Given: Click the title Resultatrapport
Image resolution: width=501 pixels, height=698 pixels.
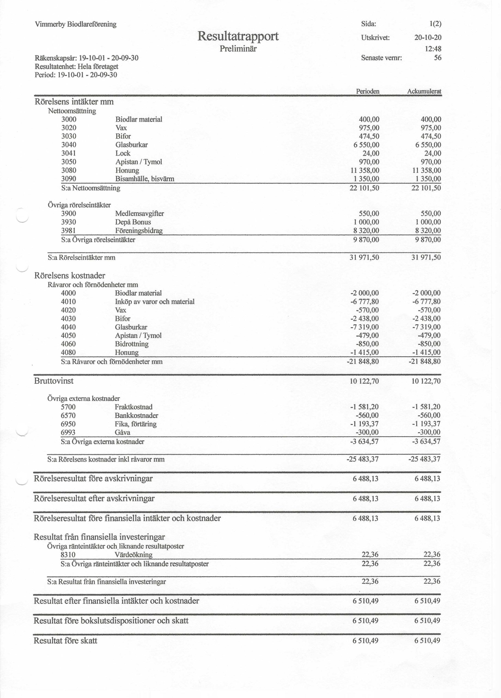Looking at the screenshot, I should pyautogui.click(x=238, y=36).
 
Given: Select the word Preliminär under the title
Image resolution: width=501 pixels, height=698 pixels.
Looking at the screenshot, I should pyautogui.click(x=238, y=49).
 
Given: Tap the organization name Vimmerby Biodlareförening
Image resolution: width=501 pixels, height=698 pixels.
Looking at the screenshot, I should pyautogui.click(x=76, y=24).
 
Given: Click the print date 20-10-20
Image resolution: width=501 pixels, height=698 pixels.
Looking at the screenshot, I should pyautogui.click(x=427, y=38).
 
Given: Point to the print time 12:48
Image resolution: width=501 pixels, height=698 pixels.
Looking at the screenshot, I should pyautogui.click(x=433, y=49).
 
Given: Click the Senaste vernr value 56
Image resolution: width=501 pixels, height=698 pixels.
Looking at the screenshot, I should pyautogui.click(x=437, y=58).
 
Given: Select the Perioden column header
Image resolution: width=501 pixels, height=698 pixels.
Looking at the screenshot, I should pyautogui.click(x=368, y=91).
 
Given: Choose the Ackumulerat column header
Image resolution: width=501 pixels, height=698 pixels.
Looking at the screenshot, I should pyautogui.click(x=424, y=91).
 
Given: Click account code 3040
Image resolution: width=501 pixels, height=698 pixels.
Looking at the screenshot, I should pyautogui.click(x=69, y=145).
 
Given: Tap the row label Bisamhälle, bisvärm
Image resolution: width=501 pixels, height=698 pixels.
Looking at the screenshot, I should pyautogui.click(x=145, y=179).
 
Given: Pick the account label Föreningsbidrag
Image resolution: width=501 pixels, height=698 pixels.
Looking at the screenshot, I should pyautogui.click(x=139, y=230).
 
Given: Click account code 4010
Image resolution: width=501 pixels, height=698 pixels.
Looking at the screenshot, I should pyautogui.click(x=68, y=302).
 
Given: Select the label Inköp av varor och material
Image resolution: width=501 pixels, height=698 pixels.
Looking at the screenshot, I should pyautogui.click(x=155, y=302).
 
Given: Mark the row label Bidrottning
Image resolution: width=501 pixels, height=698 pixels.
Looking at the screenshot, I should pyautogui.click(x=132, y=344).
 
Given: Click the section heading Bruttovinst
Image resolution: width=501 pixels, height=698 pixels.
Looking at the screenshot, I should pyautogui.click(x=54, y=381).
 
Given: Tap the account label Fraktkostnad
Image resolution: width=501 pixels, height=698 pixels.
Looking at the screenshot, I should pyautogui.click(x=133, y=407).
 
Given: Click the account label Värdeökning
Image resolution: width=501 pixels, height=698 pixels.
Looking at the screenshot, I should pyautogui.click(x=133, y=555).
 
